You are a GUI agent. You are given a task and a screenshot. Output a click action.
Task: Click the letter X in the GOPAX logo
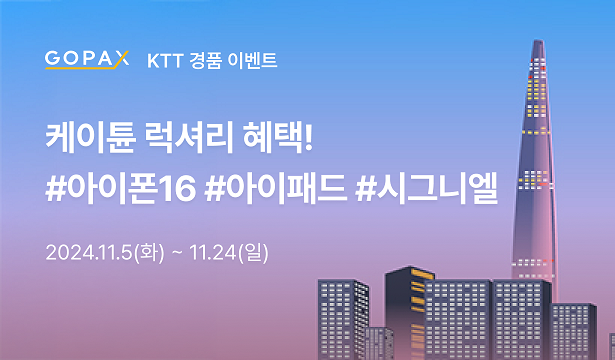pyautogui.click(x=121, y=57)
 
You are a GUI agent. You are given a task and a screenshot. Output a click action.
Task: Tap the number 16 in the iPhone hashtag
pyautogui.click(x=174, y=187)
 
